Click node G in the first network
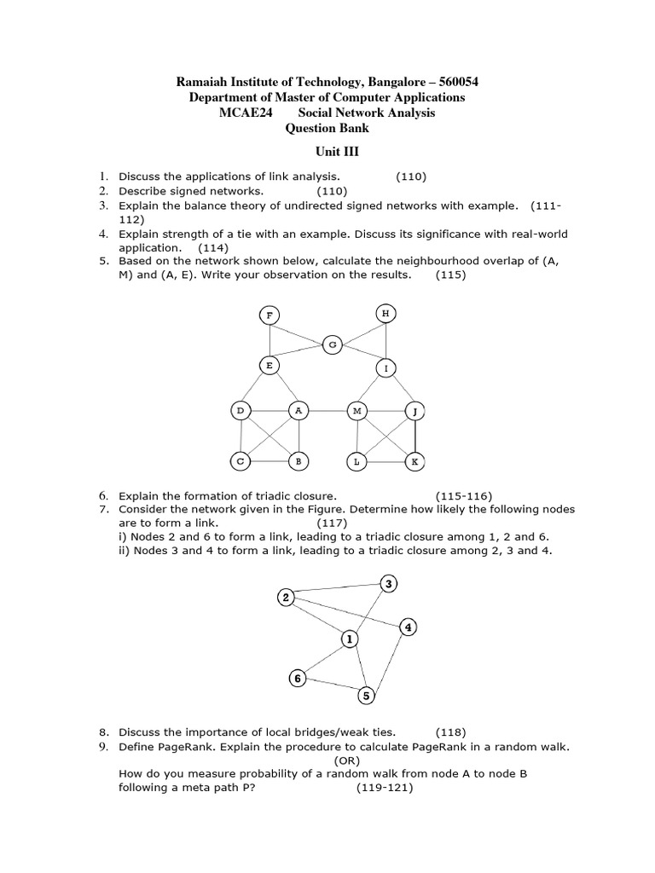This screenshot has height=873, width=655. [333, 344]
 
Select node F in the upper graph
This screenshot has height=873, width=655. [270, 315]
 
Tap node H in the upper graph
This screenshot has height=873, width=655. [385, 314]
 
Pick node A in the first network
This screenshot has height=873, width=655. [298, 411]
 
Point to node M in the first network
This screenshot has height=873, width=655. [356, 411]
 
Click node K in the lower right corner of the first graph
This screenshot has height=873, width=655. [414, 461]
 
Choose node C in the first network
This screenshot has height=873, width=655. [241, 461]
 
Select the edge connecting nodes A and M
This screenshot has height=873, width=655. [327, 411]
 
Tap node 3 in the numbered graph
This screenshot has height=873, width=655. [389, 584]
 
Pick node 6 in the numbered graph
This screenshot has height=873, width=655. [297, 679]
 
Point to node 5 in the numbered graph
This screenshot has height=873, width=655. [366, 696]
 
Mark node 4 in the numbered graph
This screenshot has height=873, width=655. [409, 627]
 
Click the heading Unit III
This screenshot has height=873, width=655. [327, 152]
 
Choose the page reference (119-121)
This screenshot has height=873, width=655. [385, 788]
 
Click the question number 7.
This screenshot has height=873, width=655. [102, 509]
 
